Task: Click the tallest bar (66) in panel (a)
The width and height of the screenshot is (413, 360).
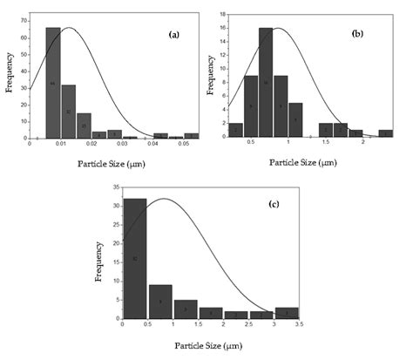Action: pyautogui.click(x=53, y=83)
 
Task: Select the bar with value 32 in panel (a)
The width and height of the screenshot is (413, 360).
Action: pyautogui.click(x=68, y=111)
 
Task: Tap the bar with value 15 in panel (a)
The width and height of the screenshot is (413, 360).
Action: pyautogui.click(x=84, y=126)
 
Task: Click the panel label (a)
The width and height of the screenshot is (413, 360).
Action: pyautogui.click(x=173, y=35)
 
